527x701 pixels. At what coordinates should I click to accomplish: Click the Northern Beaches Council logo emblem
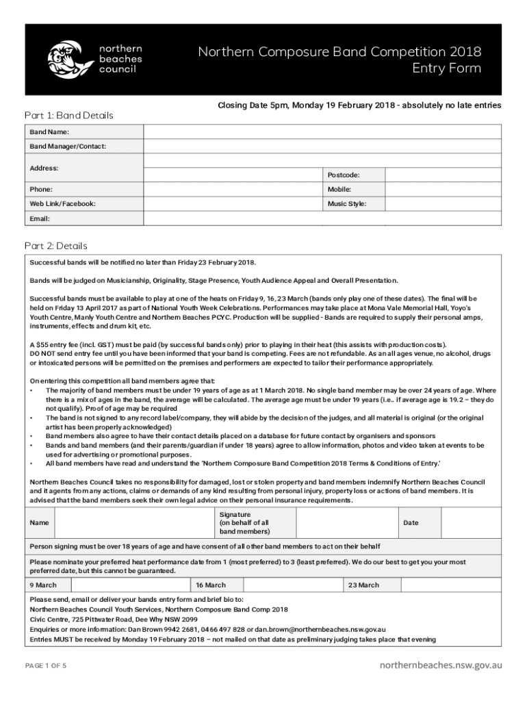[x=69, y=58]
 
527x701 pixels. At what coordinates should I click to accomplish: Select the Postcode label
[x=344, y=175]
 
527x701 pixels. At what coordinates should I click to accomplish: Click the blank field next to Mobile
[x=444, y=189]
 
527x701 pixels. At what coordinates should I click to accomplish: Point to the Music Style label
[x=346, y=204]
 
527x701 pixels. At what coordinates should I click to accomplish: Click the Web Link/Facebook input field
[x=233, y=204]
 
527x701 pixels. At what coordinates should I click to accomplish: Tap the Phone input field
[x=233, y=189]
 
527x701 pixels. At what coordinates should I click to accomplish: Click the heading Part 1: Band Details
[x=69, y=115]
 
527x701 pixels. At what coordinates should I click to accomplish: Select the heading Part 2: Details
[x=55, y=245]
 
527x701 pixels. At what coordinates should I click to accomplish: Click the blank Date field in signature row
[x=472, y=523]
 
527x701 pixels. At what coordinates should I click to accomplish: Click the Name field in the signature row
[x=133, y=523]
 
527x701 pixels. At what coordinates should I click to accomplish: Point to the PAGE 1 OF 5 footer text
[x=46, y=665]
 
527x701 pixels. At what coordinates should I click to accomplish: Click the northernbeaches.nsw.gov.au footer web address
[x=441, y=665]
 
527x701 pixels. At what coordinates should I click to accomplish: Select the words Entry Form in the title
[x=446, y=68]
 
